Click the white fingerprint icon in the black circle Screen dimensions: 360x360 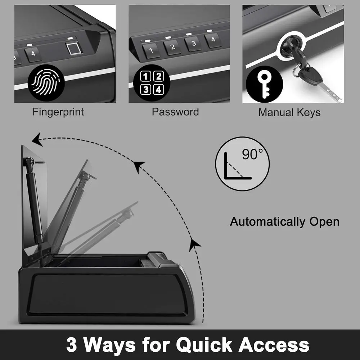[x=46, y=83]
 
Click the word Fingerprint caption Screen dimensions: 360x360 [x=58, y=112]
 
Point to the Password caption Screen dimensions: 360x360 [x=175, y=112]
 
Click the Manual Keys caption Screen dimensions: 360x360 [x=289, y=113]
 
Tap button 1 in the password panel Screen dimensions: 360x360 [x=151, y=50]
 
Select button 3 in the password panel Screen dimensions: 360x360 [x=193, y=44]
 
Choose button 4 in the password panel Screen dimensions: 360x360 [x=213, y=40]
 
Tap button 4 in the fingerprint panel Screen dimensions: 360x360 [x=33, y=54]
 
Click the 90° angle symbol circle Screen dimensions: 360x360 [x=242, y=164]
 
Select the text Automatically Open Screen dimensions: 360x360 [x=284, y=221]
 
